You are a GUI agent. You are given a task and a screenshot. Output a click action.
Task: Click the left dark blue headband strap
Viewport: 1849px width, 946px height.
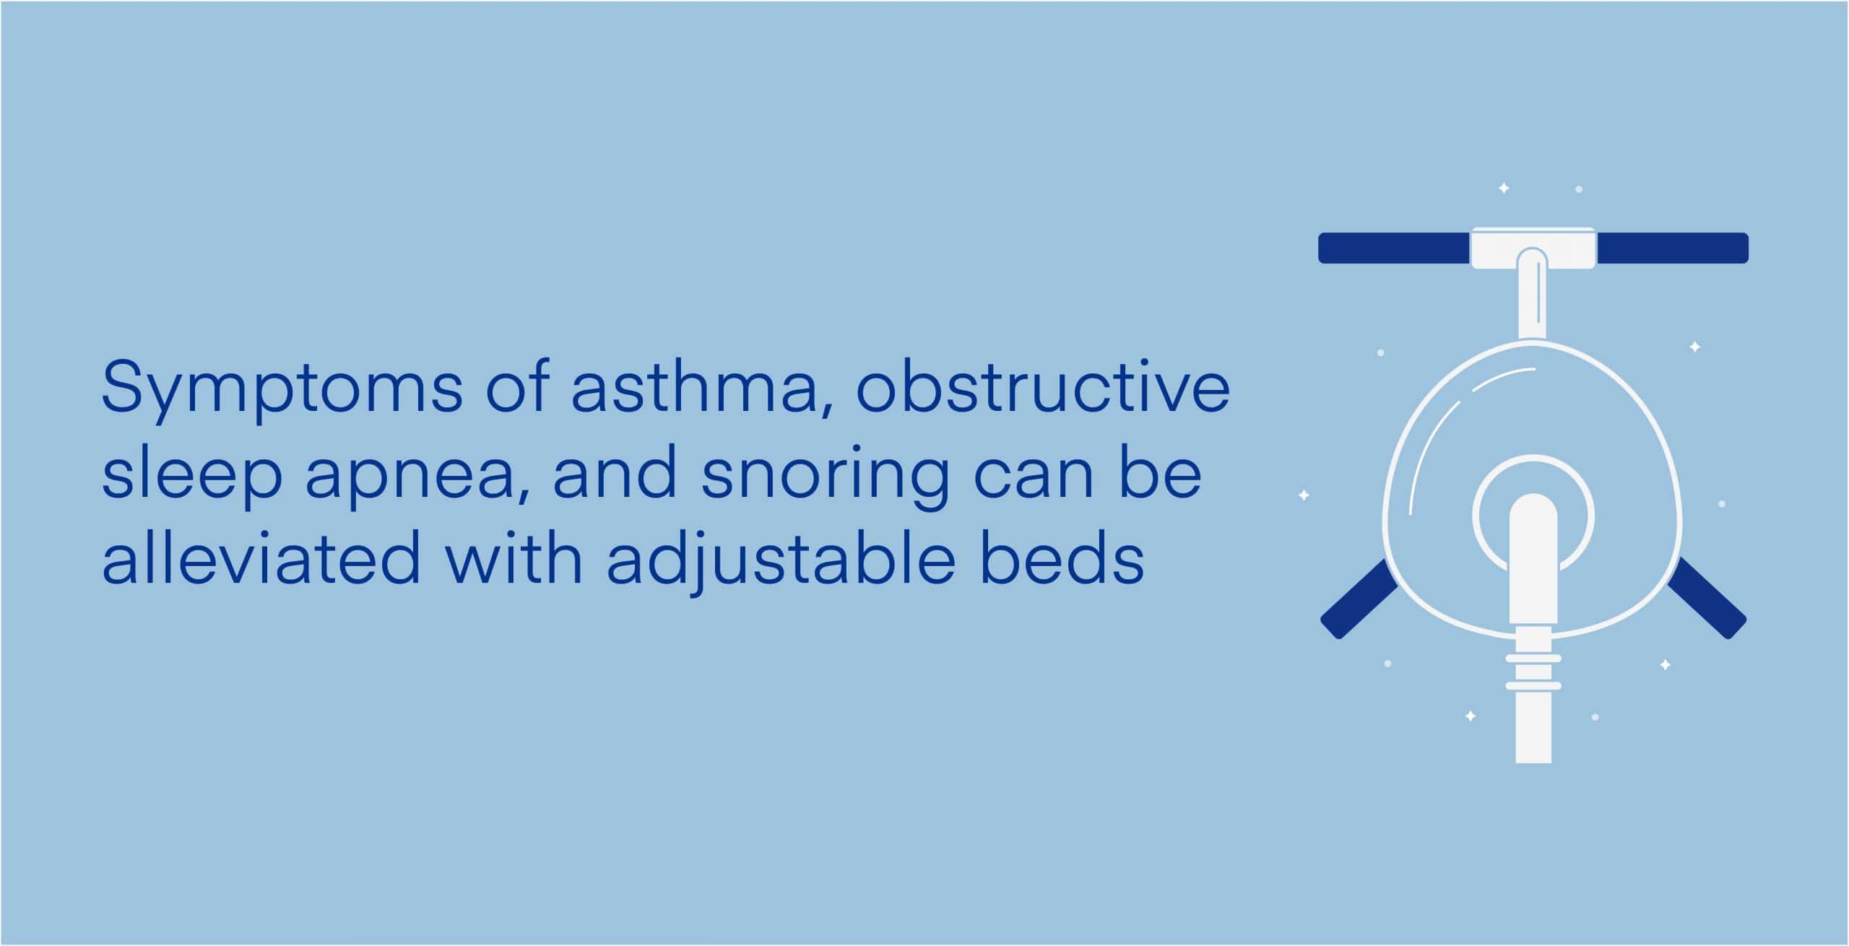[x=1395, y=248]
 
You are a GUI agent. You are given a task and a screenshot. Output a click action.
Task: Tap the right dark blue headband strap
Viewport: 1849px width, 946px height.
[x=1672, y=248]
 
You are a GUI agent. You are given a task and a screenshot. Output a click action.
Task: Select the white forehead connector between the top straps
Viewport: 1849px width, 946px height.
[x=1533, y=248]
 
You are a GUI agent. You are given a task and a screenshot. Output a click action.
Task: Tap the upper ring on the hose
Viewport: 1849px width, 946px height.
[x=1533, y=658]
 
